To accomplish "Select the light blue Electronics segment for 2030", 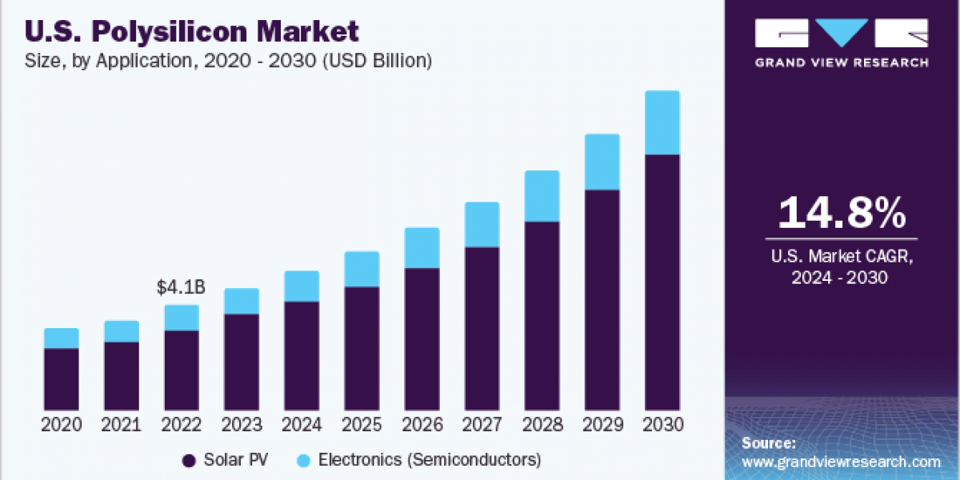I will click(662, 122).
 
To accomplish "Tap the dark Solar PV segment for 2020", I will click(61, 379).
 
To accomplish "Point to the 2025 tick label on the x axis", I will click(362, 425).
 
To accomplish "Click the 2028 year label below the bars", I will click(542, 425).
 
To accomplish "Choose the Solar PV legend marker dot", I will click(190, 460).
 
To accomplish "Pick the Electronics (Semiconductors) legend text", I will click(430, 460).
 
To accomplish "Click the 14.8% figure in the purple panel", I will click(842, 213).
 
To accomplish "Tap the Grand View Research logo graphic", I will click(842, 33).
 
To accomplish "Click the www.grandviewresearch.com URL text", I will click(841, 462).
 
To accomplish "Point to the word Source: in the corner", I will click(768, 443).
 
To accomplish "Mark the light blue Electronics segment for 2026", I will click(422, 248).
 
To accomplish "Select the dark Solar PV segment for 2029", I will click(602, 300).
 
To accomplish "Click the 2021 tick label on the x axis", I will click(121, 425).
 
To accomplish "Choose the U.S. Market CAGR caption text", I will click(841, 267).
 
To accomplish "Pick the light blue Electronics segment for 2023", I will click(242, 302).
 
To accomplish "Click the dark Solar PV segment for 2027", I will click(482, 328).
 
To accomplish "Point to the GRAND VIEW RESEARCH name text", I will click(842, 62).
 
